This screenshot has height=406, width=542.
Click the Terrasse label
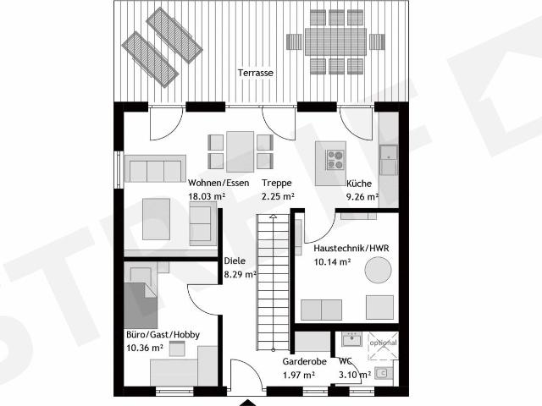[x=256, y=73]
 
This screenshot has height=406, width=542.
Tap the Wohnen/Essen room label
[x=218, y=183]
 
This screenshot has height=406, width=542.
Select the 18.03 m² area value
[x=207, y=196]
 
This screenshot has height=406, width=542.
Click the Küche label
[x=359, y=184]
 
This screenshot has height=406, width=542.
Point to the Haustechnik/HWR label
[x=351, y=248]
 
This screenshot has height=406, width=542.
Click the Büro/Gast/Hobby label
[x=163, y=335]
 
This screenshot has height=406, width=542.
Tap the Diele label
[x=235, y=261]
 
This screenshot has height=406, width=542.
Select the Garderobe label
[x=305, y=361]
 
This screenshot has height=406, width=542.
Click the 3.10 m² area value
[x=355, y=375]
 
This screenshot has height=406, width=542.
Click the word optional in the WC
[x=383, y=343]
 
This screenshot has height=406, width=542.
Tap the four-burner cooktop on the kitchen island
[x=335, y=160]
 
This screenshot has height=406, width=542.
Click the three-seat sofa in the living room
[x=155, y=168]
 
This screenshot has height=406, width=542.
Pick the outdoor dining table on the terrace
[x=335, y=41]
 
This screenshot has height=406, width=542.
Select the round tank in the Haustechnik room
[x=379, y=270]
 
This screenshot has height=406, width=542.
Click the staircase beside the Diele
[x=273, y=283]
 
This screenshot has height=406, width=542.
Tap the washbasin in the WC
[x=351, y=339]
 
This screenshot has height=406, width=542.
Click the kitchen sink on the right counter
[x=389, y=160]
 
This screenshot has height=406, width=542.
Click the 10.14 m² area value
[x=332, y=262]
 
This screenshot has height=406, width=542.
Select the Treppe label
[x=277, y=183]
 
